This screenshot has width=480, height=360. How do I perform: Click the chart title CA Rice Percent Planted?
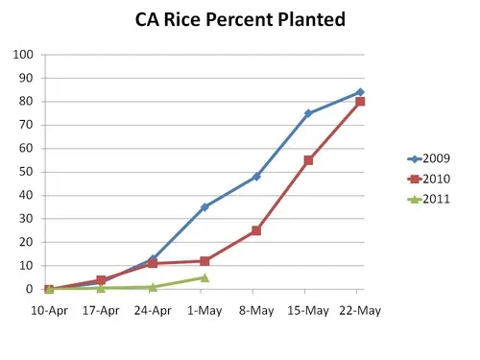[239, 20]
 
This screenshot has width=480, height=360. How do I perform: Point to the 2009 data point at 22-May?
[360, 92]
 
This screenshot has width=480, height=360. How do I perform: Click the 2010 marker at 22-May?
[360, 102]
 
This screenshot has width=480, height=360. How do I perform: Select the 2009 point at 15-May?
[308, 113]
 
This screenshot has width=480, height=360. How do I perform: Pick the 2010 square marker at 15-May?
[308, 160]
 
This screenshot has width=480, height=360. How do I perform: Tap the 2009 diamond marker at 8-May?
[256, 177]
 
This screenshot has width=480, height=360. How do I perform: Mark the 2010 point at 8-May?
[256, 230]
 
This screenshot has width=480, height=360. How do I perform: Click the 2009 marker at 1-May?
[204, 207]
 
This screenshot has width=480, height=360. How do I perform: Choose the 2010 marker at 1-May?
[204, 261]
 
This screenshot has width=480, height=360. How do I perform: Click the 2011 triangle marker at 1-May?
[204, 277]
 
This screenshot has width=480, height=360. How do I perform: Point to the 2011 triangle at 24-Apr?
[153, 287]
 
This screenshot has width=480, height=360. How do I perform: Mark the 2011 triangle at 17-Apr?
[101, 288]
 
